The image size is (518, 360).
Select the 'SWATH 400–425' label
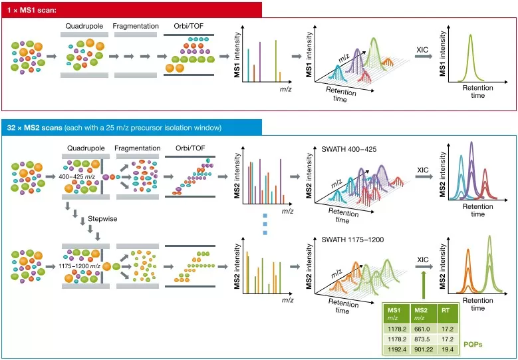[348, 149]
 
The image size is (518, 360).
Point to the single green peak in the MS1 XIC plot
[470, 57]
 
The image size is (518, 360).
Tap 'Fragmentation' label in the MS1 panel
[137, 26]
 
